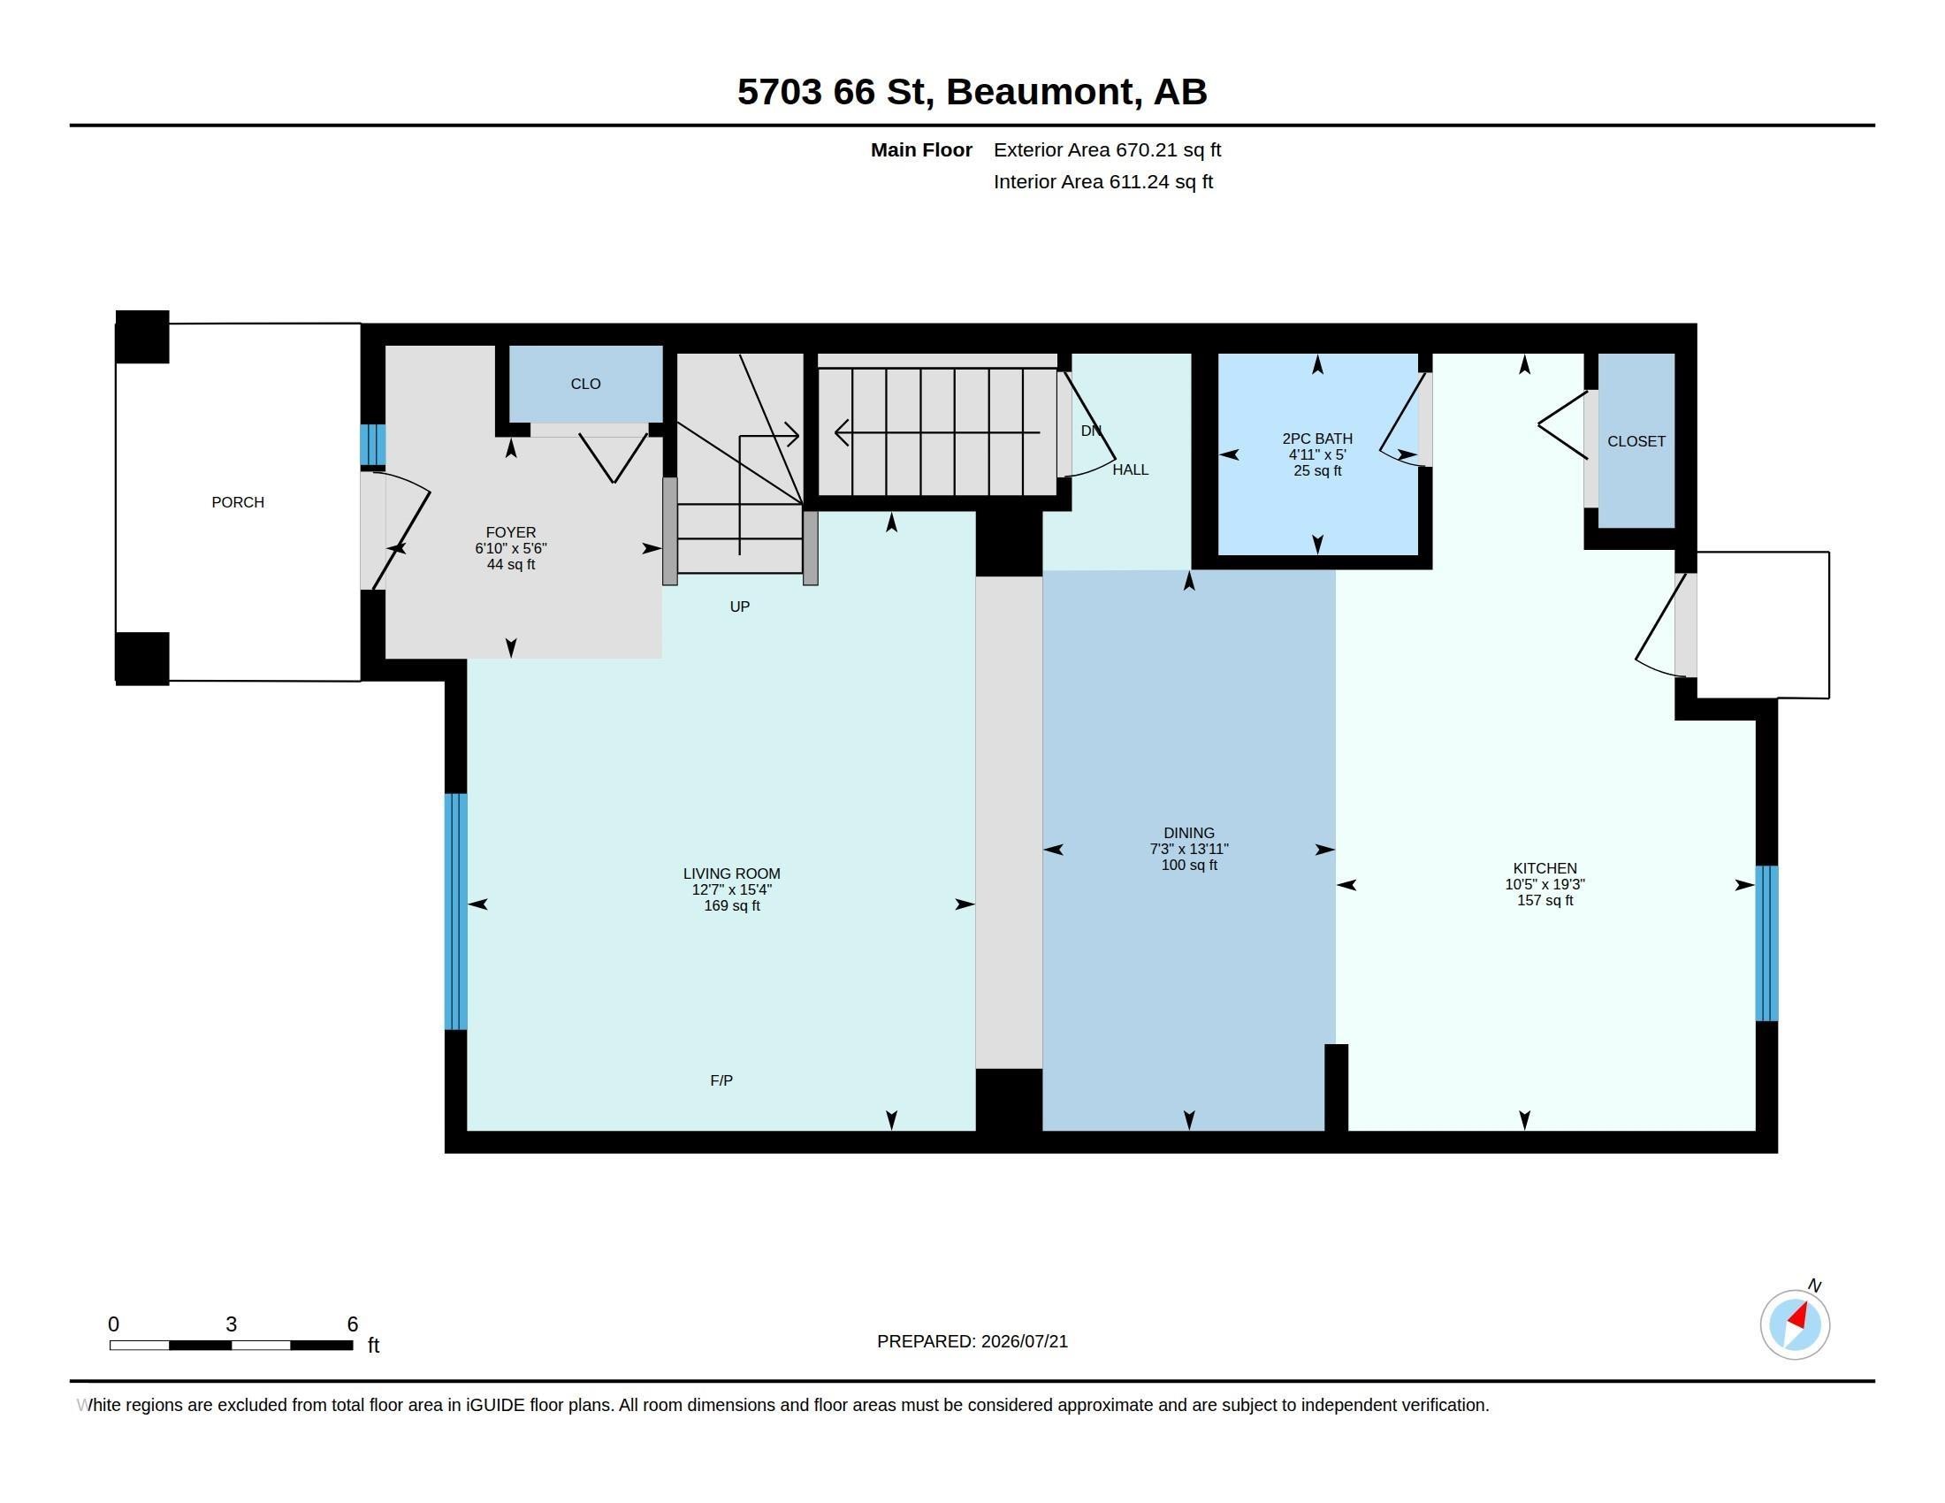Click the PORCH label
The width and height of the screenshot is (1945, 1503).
(x=238, y=502)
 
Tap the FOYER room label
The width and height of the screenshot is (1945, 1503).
(x=510, y=532)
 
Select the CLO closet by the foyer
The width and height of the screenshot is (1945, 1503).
(x=585, y=384)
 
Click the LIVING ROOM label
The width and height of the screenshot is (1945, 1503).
(x=731, y=874)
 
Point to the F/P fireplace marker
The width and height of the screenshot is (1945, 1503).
(x=721, y=1080)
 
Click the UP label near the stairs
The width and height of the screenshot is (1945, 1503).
(x=739, y=607)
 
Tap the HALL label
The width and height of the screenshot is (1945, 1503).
(x=1130, y=469)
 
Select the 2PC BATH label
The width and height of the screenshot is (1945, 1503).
(x=1317, y=438)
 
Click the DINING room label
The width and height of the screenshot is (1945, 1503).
(x=1188, y=834)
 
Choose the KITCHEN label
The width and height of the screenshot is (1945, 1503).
(x=1545, y=868)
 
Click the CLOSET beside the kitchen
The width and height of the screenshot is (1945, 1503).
(x=1636, y=441)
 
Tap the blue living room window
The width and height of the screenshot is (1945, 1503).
(x=455, y=911)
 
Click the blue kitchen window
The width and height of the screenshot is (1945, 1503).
(x=1766, y=943)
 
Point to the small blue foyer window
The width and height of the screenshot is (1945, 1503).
(x=372, y=445)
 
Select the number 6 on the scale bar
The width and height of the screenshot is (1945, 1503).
(x=353, y=1324)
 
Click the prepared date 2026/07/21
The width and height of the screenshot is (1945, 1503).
(x=1024, y=1341)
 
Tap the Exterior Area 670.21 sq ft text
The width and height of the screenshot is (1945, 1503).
(x=1107, y=149)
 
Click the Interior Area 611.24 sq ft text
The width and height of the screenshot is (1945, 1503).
(x=1103, y=181)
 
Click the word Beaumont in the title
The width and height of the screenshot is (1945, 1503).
(x=1040, y=92)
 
